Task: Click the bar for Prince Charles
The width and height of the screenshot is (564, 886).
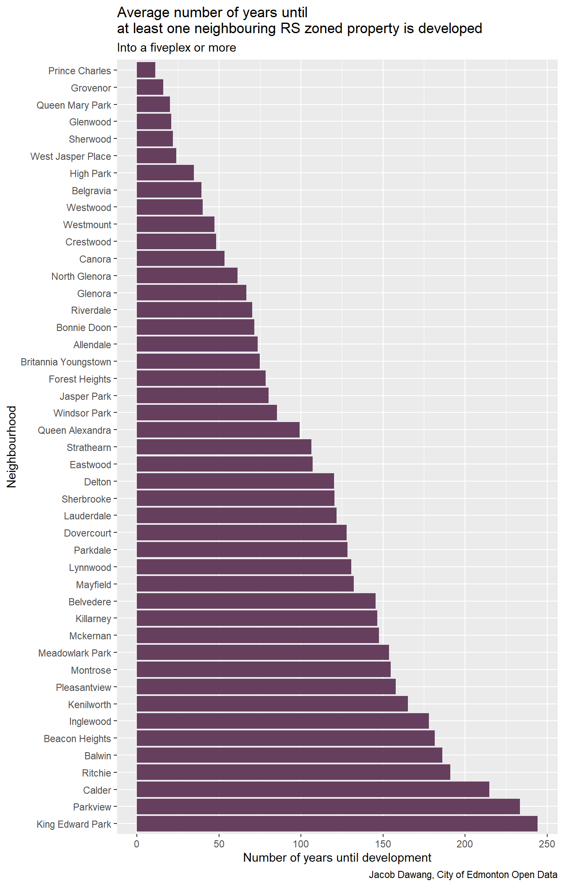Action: click(146, 70)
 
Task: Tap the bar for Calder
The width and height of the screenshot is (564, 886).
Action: click(313, 790)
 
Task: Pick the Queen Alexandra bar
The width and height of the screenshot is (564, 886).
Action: click(218, 430)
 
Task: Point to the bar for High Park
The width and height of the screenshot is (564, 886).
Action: click(165, 173)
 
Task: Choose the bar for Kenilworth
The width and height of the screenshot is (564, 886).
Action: click(272, 704)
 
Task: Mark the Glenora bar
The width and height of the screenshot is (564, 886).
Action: click(191, 293)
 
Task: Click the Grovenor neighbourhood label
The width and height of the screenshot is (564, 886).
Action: click(91, 88)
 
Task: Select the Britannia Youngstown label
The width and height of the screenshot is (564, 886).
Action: click(66, 362)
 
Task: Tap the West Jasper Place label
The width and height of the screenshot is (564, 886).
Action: click(71, 156)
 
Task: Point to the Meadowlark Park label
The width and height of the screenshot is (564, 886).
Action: click(75, 653)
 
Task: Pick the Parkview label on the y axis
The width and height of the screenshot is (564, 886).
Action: click(92, 807)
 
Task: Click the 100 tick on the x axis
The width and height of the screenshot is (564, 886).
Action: click(300, 844)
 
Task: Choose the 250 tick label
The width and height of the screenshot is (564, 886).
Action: click(547, 844)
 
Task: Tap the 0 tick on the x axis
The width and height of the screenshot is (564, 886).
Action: click(137, 844)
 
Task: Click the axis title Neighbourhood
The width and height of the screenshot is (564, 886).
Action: click(12, 446)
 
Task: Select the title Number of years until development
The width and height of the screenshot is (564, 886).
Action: click(337, 858)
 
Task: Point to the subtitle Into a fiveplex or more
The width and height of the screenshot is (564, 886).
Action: click(176, 48)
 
